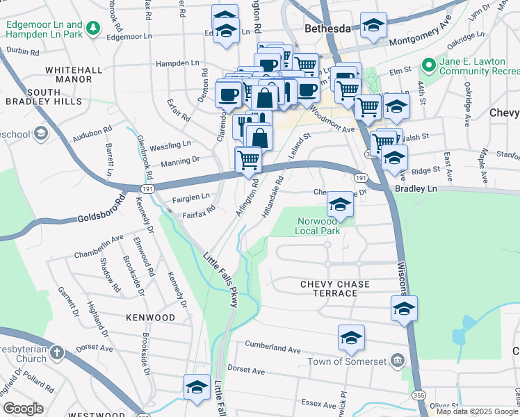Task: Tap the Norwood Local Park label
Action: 318,226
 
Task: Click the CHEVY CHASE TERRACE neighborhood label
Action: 335,289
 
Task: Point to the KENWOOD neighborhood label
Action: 151,318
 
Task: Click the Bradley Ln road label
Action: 416,189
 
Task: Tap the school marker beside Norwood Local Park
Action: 340,204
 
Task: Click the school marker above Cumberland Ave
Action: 352,338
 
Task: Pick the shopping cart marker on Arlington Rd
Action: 248,160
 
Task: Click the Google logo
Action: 23,409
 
